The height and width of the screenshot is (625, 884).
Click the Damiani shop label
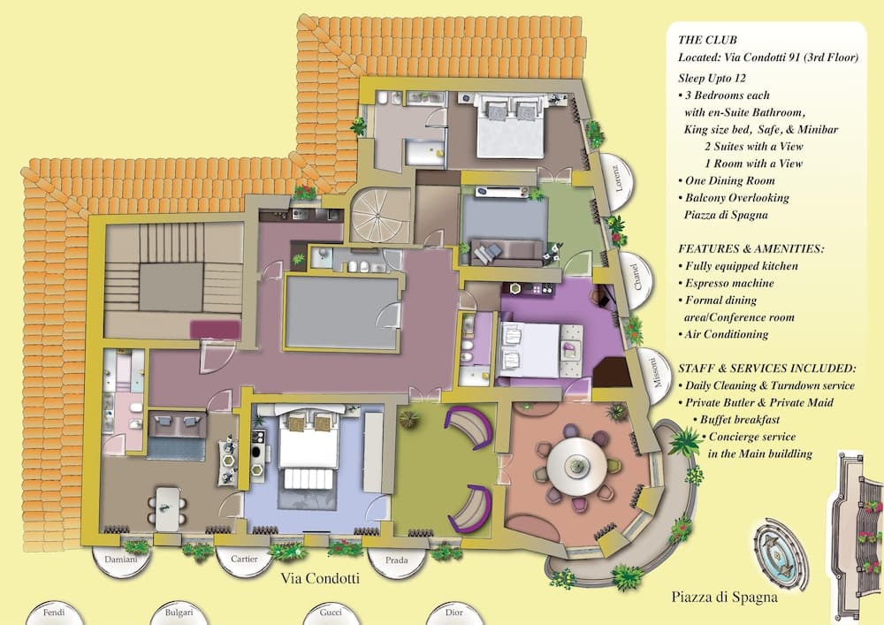pos(120,560)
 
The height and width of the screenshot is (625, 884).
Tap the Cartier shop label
pos(244,559)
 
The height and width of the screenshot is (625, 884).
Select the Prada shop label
pos(396,560)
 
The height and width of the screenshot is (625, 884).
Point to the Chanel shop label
pos(636,278)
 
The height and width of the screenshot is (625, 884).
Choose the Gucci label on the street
pos(331,613)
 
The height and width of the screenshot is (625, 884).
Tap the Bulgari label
pos(179,613)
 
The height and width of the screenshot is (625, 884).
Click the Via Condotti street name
pos(320,578)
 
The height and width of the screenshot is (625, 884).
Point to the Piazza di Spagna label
pos(725,597)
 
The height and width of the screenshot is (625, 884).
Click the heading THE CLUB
pos(707,40)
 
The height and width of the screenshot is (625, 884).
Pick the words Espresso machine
pos(729,283)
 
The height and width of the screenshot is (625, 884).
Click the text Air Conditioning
pos(726,334)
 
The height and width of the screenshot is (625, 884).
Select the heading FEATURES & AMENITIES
pos(751,248)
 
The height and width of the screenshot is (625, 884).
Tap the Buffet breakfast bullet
pos(740,420)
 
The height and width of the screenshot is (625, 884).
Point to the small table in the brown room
pos(167,509)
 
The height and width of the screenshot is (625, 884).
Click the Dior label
pos(453,613)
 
